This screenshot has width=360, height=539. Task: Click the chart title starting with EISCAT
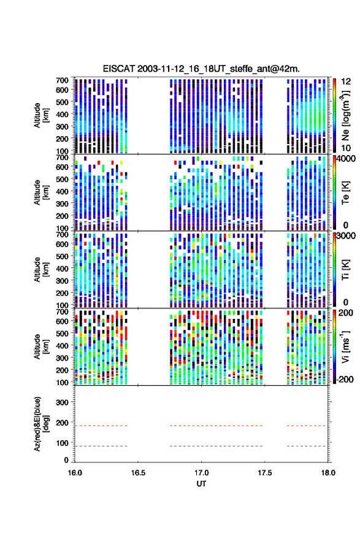(x=201, y=69)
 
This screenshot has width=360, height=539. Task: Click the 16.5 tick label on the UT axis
(x=138, y=473)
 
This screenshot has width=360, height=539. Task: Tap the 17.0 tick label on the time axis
(x=201, y=473)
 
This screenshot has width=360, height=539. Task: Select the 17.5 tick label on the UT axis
(x=264, y=473)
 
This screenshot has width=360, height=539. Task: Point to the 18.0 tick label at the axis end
(x=327, y=473)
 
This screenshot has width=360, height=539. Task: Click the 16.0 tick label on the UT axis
(x=75, y=473)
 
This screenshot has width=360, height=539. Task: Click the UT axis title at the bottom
(x=201, y=484)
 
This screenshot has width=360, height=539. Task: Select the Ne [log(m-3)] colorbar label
(x=345, y=115)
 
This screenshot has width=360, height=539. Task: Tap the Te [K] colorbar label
(x=345, y=193)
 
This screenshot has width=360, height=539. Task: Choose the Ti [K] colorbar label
(x=345, y=270)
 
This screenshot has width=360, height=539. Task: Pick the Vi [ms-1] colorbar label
(x=345, y=346)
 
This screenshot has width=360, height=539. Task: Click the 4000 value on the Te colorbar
(x=347, y=159)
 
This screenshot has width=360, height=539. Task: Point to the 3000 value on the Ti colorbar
(x=347, y=236)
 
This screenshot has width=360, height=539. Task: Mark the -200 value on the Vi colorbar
(x=346, y=379)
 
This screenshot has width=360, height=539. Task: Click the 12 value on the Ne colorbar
(x=347, y=82)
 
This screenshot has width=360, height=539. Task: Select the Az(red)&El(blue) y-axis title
(x=41, y=424)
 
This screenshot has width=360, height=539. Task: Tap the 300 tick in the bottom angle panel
(x=62, y=402)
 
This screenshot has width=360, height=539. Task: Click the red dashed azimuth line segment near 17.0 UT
(x=216, y=426)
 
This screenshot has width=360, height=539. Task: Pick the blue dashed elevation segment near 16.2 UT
(x=101, y=446)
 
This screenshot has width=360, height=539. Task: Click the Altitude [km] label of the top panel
(x=41, y=115)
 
